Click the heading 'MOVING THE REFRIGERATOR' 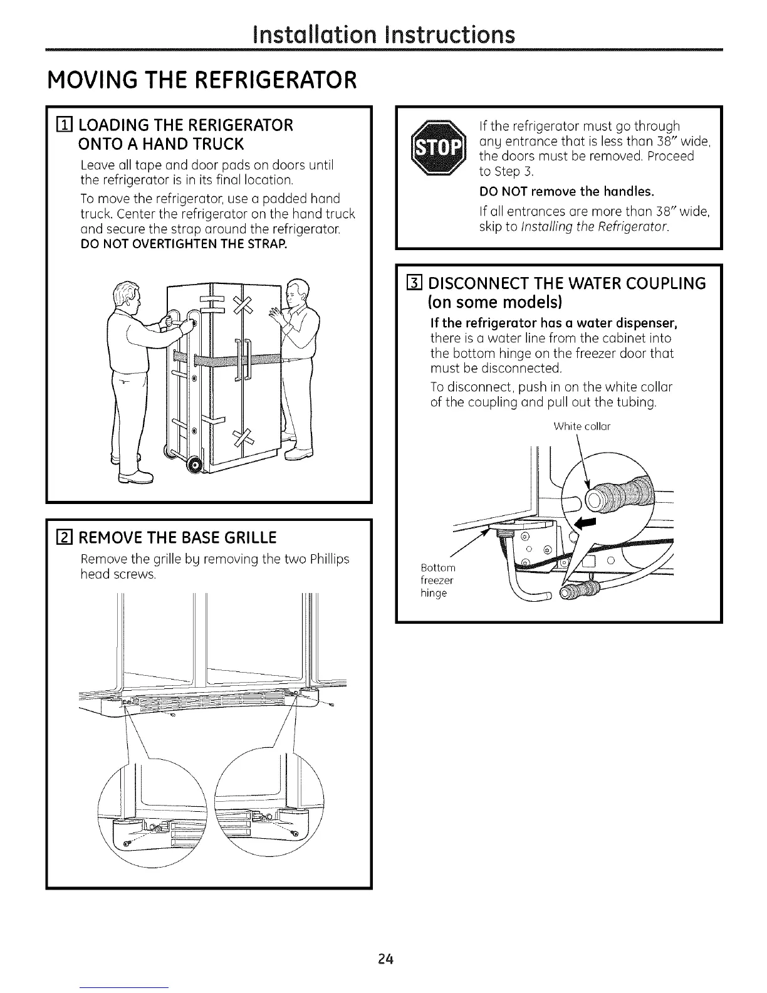(x=201, y=80)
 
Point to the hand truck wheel (x=195, y=465)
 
